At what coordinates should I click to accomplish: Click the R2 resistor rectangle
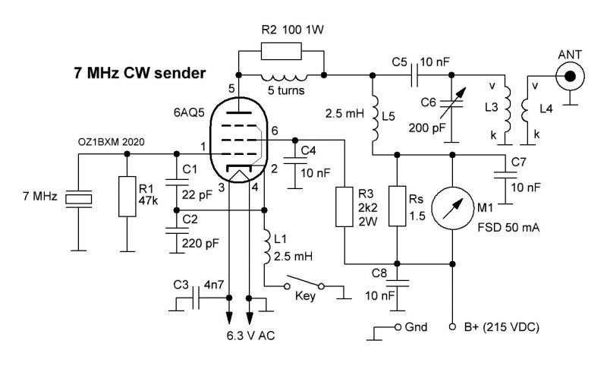click(281, 51)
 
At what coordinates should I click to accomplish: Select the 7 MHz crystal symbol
click(79, 199)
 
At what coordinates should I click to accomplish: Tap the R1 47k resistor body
click(127, 197)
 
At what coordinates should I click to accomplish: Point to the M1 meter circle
click(452, 208)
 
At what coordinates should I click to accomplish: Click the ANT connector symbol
click(570, 77)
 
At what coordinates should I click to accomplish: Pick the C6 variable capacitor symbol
click(451, 102)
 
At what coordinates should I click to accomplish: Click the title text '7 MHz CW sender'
click(140, 73)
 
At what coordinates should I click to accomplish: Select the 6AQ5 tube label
click(189, 112)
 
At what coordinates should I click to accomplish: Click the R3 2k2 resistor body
click(344, 207)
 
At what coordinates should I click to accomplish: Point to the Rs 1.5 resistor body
click(397, 206)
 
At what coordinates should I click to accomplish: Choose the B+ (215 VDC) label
click(502, 327)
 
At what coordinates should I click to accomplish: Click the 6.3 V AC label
click(251, 336)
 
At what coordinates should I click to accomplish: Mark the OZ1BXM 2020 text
click(111, 142)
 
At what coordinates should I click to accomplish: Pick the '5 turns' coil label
click(286, 90)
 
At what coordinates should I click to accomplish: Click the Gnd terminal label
click(416, 327)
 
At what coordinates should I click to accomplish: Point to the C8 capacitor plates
click(397, 284)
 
